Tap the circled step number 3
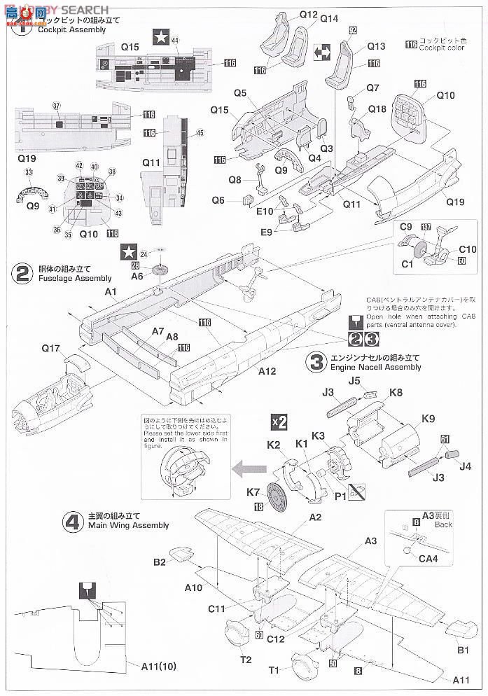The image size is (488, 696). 317,361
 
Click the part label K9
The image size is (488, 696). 428,419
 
